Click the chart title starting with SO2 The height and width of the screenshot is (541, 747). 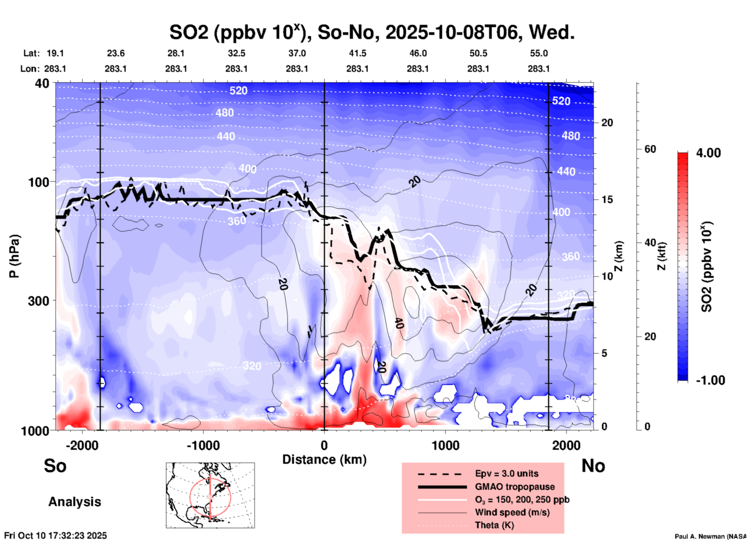(x=372, y=33)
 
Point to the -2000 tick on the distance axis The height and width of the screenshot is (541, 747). (x=82, y=445)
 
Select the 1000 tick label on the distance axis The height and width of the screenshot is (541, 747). (x=445, y=445)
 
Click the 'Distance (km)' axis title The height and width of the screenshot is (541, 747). (x=324, y=460)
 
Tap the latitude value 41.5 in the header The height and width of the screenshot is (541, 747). (x=357, y=53)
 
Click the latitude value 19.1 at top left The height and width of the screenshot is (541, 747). (x=55, y=53)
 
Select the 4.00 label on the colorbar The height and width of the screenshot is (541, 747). (x=708, y=153)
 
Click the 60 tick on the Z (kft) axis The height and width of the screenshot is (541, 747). (x=650, y=149)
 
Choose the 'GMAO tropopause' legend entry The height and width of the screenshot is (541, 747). (x=515, y=487)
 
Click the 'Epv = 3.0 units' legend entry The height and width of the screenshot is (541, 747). (x=506, y=474)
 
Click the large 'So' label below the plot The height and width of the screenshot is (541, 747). (x=55, y=466)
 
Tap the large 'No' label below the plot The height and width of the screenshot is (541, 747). (x=593, y=466)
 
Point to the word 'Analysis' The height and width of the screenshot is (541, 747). (x=74, y=502)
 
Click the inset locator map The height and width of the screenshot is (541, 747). (x=210, y=495)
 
